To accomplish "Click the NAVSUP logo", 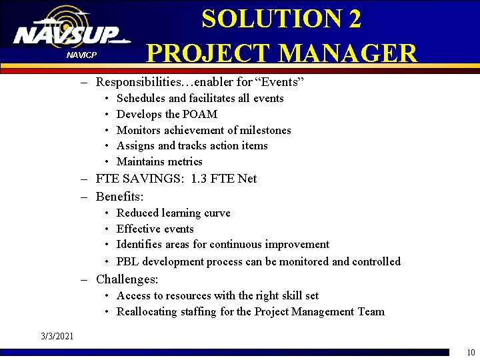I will pyautogui.click(x=67, y=33).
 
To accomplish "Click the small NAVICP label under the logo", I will pyautogui.click(x=81, y=54).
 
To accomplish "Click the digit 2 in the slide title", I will pyautogui.click(x=353, y=19).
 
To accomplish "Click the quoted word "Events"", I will pyautogui.click(x=279, y=82).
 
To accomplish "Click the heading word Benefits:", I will pyautogui.click(x=120, y=197).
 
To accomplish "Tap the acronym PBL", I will pyautogui.click(x=127, y=261).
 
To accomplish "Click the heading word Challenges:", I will pyautogui.click(x=127, y=279).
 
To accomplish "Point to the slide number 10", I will pyautogui.click(x=471, y=353).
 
